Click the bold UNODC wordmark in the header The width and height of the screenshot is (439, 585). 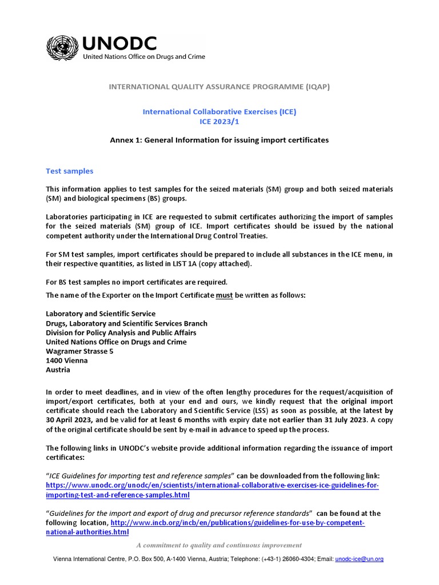point(119,43)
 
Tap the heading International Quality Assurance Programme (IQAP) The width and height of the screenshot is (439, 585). point(219,87)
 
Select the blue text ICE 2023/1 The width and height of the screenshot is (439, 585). point(219,121)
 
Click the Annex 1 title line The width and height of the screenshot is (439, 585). point(219,140)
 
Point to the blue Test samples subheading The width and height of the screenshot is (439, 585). point(69,171)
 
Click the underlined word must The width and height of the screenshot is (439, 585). point(224,295)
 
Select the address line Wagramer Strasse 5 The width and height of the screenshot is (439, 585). point(79,351)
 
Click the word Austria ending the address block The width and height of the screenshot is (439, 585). point(58,370)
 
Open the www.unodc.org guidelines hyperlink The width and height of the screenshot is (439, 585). point(212,490)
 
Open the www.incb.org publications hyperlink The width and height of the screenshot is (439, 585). point(237,523)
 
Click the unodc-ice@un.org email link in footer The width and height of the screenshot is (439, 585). point(359,559)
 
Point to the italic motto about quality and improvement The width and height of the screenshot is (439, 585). point(219,545)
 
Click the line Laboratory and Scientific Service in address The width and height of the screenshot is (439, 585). point(101,314)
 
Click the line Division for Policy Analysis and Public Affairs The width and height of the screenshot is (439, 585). point(121,332)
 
